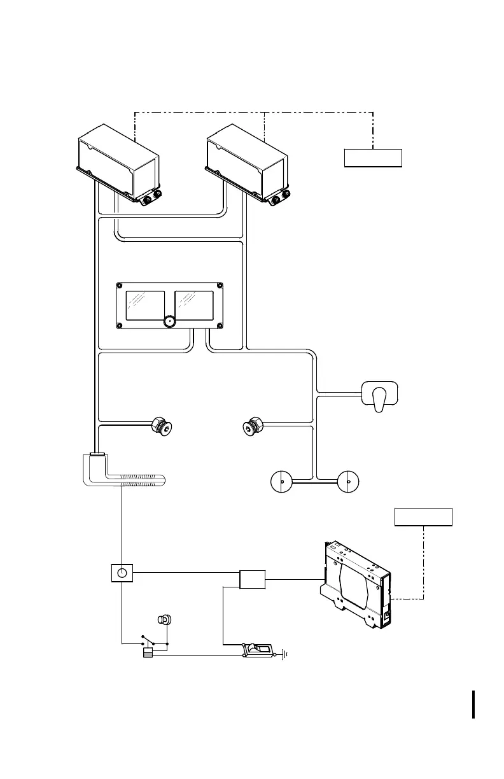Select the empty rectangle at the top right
pos(373,157)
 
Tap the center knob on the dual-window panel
pos(169,321)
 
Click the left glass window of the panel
pos(146,305)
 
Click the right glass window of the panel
pos(194,305)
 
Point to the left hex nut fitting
pos(163,426)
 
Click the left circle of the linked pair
pos(281,482)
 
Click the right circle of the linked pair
pos(347,482)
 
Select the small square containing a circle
pos(122,573)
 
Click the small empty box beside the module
pos(252,579)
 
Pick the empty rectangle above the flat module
pos(423,517)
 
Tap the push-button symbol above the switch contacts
pos(164,619)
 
